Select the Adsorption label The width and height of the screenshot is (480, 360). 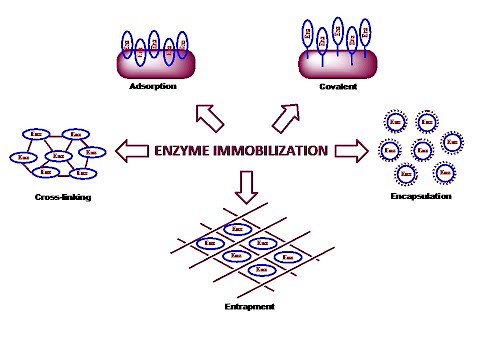[154, 86]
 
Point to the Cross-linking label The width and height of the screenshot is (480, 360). [61, 197]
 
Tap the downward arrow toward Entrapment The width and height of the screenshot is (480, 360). [249, 183]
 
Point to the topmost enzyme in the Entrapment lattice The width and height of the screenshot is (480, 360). [237, 229]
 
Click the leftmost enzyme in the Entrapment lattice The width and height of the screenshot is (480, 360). [209, 243]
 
